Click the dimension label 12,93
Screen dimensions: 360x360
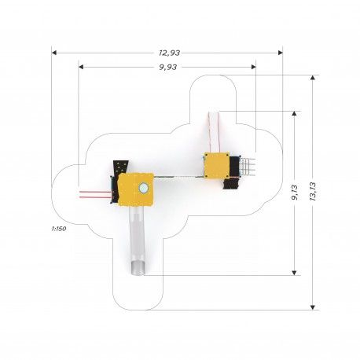[169, 53]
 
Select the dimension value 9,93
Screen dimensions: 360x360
[168, 68]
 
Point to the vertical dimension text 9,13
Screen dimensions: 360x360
[295, 193]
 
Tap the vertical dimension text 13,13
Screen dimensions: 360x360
[313, 192]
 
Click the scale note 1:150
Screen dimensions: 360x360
[59, 229]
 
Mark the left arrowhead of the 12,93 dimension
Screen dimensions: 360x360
[54, 53]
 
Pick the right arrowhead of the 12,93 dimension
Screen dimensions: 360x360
[281, 53]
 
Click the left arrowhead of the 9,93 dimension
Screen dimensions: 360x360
[81, 67]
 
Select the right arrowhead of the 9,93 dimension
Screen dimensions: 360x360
[253, 67]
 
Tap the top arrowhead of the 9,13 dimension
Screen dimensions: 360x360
[294, 113]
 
